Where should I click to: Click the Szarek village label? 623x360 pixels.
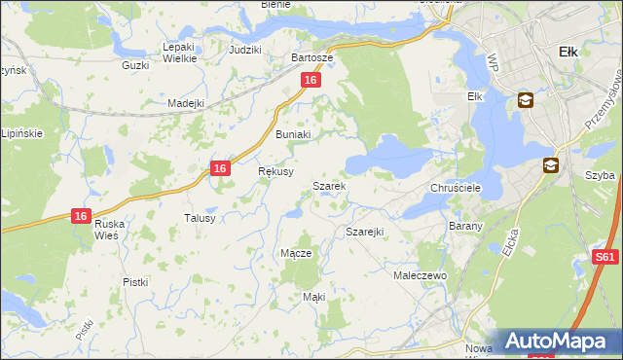pyautogui.click(x=328, y=185)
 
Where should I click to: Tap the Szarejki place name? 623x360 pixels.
pyautogui.click(x=365, y=232)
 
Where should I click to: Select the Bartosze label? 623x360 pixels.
pyautogui.click(x=312, y=57)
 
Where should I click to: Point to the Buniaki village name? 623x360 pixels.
pyautogui.click(x=293, y=134)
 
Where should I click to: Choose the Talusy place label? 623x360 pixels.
pyautogui.click(x=200, y=218)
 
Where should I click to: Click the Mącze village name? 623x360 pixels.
pyautogui.click(x=296, y=253)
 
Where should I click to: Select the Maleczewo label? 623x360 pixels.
pyautogui.click(x=420, y=276)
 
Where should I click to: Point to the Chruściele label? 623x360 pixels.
pyautogui.click(x=451, y=188)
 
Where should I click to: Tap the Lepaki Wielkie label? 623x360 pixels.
pyautogui.click(x=180, y=53)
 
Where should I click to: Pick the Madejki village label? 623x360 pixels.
pyautogui.click(x=185, y=103)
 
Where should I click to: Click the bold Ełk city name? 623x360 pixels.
pyautogui.click(x=569, y=52)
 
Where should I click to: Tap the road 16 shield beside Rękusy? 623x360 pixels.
pyautogui.click(x=221, y=168)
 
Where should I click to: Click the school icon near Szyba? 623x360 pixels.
pyautogui.click(x=551, y=165)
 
